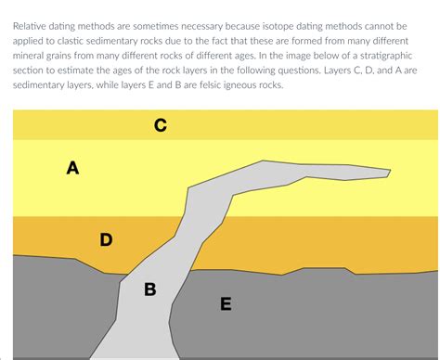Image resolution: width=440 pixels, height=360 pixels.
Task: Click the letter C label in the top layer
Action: point(161,125)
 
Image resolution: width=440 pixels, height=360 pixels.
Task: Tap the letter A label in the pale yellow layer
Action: point(72,168)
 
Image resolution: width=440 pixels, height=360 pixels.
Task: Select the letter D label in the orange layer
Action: point(106,239)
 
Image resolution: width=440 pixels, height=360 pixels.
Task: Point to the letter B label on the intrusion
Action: point(150,289)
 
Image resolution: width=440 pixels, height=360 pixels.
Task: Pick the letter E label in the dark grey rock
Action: point(226,303)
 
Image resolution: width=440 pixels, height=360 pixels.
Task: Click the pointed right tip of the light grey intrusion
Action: point(390,170)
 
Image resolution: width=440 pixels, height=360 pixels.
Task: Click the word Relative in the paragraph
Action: point(30,26)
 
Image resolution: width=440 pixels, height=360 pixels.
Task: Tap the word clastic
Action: point(71,41)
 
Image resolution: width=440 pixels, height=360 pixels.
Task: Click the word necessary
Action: point(201,27)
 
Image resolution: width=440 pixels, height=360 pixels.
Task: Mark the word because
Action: point(242,26)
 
